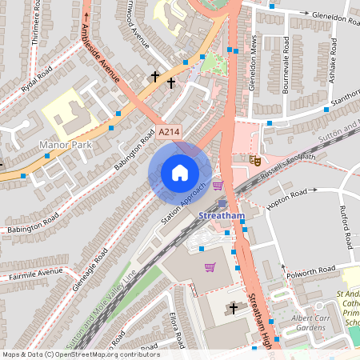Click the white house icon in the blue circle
[x=180, y=173]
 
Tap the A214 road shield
[x=168, y=132]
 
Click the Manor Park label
[x=66, y=145]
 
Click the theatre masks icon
[x=255, y=160]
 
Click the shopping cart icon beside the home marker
[x=217, y=186]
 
